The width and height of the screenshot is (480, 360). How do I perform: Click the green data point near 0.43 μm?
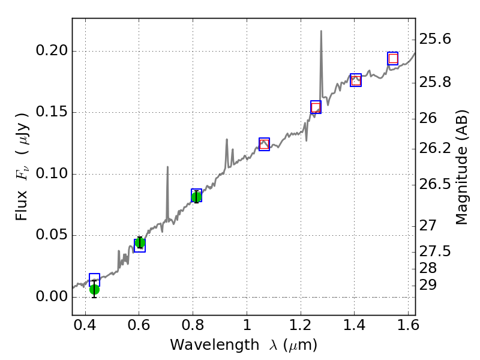click(x=94, y=289)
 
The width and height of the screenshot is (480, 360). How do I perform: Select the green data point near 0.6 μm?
click(x=140, y=242)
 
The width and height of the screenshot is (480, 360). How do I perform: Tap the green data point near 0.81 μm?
click(x=196, y=196)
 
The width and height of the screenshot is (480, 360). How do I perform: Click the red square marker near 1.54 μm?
click(x=393, y=58)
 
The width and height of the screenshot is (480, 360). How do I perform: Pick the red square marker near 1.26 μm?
click(x=316, y=107)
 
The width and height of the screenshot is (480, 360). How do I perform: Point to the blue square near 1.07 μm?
click(x=264, y=144)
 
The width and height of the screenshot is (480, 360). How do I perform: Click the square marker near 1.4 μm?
click(x=356, y=80)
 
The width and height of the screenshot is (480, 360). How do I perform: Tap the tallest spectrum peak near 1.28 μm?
click(x=321, y=31)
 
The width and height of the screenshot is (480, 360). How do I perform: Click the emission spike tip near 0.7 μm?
click(x=167, y=167)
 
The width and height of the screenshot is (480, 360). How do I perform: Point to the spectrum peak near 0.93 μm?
click(x=227, y=140)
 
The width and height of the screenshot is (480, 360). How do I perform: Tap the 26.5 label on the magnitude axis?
click(x=436, y=184)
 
